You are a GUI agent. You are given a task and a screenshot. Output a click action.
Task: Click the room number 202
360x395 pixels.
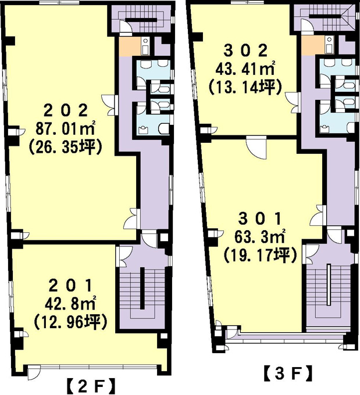(66, 111)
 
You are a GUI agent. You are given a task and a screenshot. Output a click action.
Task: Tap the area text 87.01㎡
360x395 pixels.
(66, 128)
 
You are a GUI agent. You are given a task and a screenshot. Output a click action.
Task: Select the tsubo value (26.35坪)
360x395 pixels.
(66, 146)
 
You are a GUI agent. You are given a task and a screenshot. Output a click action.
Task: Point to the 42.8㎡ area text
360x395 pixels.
(70, 304)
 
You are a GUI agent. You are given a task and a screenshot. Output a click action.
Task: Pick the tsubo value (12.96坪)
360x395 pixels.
(70, 322)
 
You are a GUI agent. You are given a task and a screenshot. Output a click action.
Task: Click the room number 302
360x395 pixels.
(245, 51)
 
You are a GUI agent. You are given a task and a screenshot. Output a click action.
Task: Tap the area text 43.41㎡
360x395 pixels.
(245, 69)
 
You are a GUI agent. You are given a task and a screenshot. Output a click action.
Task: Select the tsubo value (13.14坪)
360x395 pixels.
(245, 87)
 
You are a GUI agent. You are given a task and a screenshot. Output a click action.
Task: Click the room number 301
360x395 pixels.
(260, 219)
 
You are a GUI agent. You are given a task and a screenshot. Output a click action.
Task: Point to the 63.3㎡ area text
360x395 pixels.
(260, 236)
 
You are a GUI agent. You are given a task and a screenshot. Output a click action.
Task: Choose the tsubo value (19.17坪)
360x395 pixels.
(260, 254)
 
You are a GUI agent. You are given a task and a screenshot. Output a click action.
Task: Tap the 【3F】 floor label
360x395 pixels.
(287, 374)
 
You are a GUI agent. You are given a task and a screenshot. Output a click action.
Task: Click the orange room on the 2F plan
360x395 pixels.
(130, 47)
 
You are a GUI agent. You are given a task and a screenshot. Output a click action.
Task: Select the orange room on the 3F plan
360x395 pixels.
(312, 45)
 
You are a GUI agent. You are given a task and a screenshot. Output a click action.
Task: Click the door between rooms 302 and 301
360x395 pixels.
(256, 147)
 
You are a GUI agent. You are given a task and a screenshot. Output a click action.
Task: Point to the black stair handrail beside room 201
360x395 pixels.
(142, 288)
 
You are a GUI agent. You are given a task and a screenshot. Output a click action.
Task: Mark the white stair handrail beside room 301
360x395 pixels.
(329, 285)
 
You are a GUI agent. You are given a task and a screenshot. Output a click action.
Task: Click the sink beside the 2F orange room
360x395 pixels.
(145, 46)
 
